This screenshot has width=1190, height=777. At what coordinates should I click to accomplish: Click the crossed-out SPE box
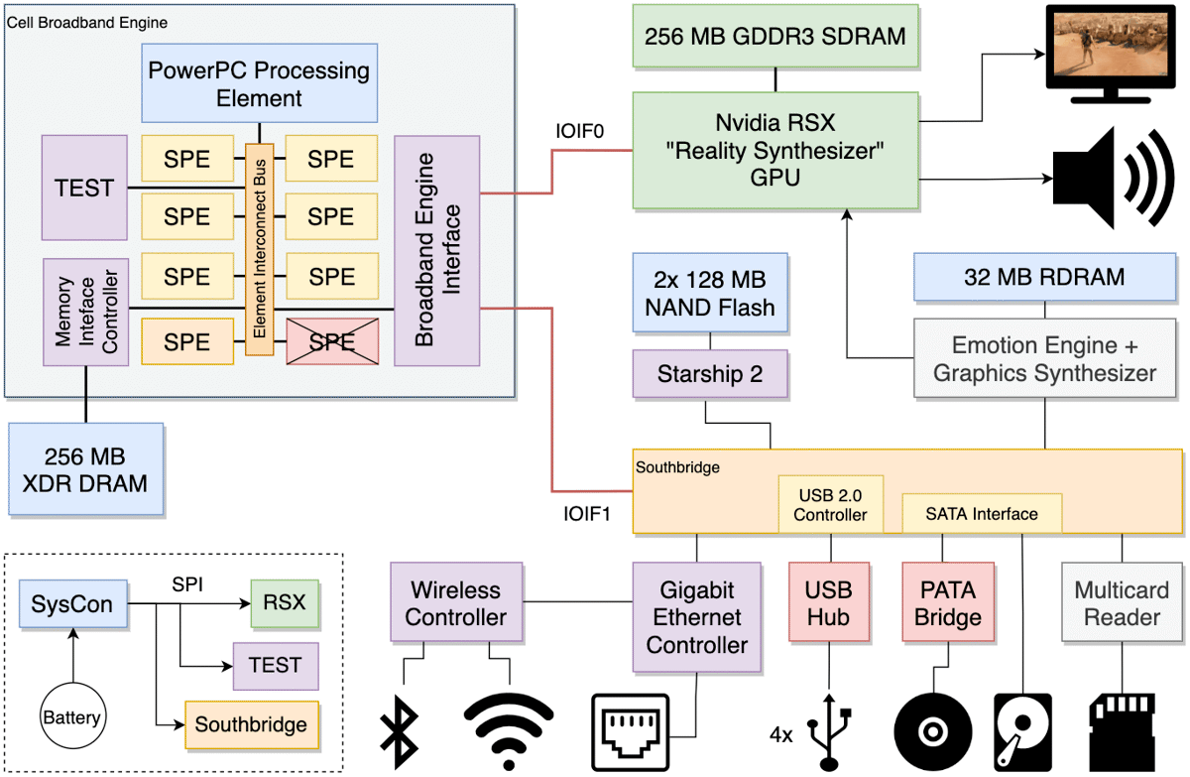click(332, 341)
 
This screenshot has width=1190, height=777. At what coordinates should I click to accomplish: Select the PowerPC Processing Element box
click(259, 83)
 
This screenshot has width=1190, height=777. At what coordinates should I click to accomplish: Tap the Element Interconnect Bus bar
click(259, 249)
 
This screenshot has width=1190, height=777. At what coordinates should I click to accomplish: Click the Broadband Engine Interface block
click(436, 250)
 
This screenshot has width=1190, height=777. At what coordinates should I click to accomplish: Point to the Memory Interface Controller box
click(85, 312)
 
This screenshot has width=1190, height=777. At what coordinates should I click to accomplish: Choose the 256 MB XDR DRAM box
click(85, 469)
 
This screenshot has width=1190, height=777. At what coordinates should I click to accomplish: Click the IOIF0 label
click(579, 131)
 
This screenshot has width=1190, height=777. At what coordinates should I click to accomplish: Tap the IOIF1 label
click(587, 514)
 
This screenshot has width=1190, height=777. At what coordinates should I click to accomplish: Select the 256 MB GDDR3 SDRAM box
click(775, 36)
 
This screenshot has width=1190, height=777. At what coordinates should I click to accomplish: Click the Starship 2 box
click(710, 374)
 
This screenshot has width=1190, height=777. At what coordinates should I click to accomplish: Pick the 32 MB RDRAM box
click(1044, 277)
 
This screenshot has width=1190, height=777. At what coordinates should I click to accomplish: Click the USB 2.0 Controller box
click(831, 504)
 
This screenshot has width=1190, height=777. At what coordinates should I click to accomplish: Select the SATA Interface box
click(982, 513)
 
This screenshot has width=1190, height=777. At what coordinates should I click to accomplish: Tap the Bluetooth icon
click(400, 731)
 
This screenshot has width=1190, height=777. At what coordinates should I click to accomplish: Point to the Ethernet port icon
click(630, 732)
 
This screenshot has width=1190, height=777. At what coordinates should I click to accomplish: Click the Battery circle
click(72, 716)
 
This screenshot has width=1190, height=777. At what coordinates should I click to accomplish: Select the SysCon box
click(73, 603)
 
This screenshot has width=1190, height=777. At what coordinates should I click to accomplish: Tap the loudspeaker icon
click(1113, 178)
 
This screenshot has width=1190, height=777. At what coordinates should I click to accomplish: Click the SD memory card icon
click(1122, 732)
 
